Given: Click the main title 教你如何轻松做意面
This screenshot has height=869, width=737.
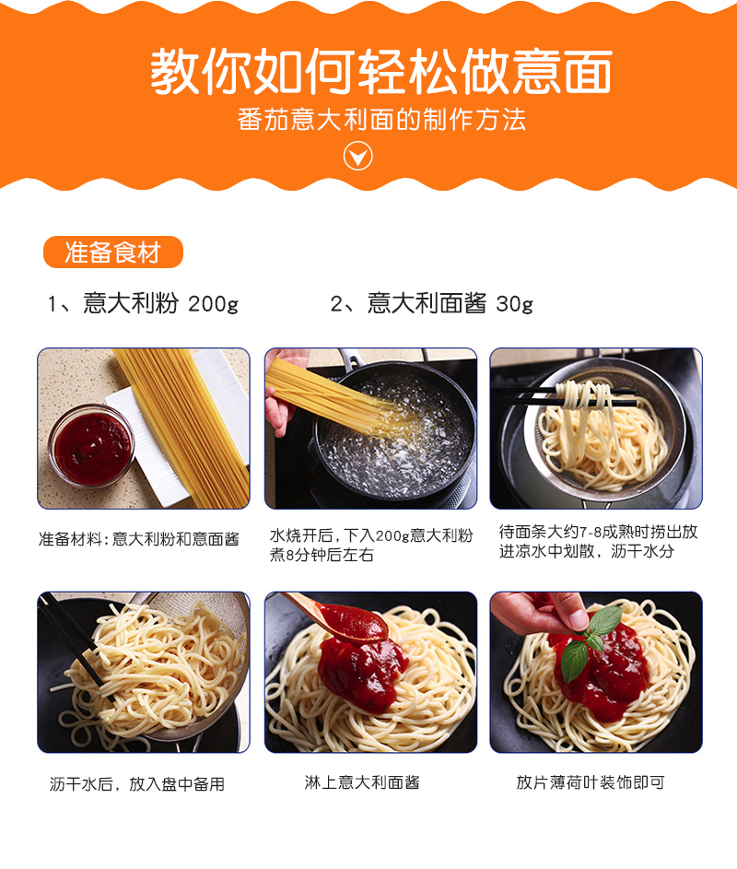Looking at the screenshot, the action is (381, 72).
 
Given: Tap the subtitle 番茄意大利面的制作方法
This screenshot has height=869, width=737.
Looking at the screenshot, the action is (381, 119).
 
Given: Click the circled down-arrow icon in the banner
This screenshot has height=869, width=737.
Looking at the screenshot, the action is (358, 157).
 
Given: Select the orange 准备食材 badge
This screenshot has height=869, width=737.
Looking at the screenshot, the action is (113, 252).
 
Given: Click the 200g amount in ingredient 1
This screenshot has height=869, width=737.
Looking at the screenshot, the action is (214, 304).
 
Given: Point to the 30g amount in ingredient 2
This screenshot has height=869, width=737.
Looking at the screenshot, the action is (514, 304).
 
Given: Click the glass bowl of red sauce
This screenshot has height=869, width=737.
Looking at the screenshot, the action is (91, 446).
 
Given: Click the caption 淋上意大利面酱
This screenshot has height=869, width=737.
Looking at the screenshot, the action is (362, 782).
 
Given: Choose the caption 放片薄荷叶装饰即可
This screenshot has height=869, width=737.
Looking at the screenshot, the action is (591, 782).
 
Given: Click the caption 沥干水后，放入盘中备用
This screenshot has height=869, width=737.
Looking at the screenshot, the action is (137, 783).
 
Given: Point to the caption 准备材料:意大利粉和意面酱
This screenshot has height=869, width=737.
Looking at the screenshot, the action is (139, 539).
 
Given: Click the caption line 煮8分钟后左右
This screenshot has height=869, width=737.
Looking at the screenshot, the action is (322, 555).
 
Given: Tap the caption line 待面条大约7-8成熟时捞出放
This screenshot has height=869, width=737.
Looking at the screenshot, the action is (598, 532).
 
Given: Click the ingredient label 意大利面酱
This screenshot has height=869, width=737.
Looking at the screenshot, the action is (427, 303).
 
